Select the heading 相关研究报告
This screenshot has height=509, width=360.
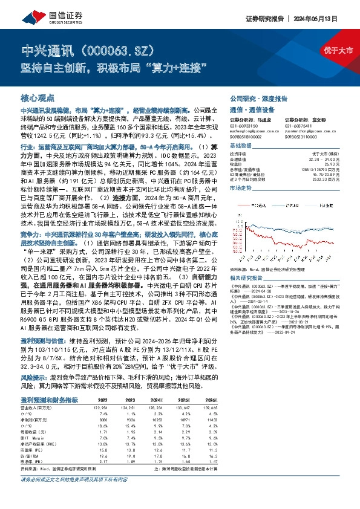pyautogui.click(x=246, y=277)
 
